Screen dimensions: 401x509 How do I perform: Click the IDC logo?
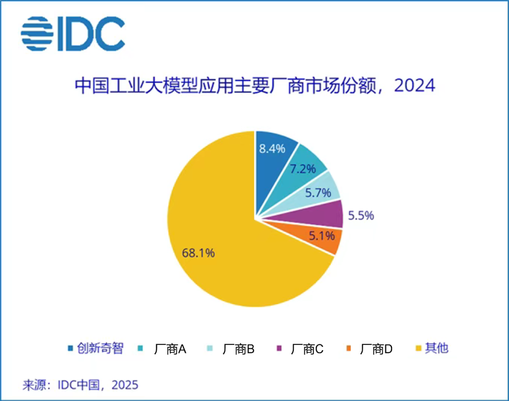coord(73,34)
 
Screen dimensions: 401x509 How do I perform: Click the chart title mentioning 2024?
coord(254,86)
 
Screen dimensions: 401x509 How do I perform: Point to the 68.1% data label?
coord(198,253)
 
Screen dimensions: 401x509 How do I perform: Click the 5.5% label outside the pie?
coord(361,216)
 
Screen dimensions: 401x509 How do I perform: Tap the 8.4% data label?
coord(272,149)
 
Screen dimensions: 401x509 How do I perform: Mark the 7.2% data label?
coord(303,168)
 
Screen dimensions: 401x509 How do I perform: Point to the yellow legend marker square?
coord(418,349)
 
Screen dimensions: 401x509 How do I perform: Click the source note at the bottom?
coord(80,385)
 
